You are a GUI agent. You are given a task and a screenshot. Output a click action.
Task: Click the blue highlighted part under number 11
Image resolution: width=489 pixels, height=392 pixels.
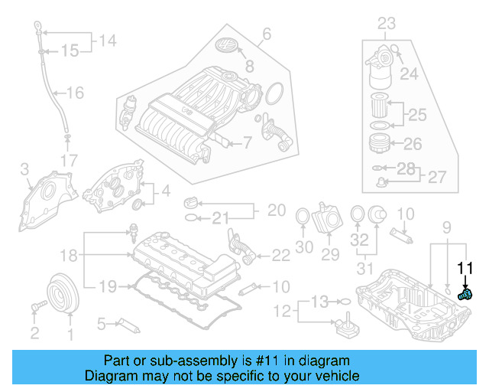click(x=465, y=294)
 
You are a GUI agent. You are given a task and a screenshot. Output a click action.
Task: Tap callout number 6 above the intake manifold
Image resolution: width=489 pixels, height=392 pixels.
click(x=267, y=34)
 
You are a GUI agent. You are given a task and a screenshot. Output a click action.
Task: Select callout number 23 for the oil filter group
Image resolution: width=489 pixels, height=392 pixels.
click(x=386, y=23)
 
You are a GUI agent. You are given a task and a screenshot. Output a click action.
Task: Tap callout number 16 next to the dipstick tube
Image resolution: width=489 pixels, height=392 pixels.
click(x=75, y=93)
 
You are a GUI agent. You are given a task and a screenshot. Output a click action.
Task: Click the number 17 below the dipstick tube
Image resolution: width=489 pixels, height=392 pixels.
click(x=69, y=161)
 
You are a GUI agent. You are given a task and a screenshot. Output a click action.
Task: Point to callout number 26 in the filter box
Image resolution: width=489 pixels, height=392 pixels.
click(x=412, y=143)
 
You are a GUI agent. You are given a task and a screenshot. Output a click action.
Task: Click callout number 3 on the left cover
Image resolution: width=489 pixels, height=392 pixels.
click(x=24, y=169)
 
